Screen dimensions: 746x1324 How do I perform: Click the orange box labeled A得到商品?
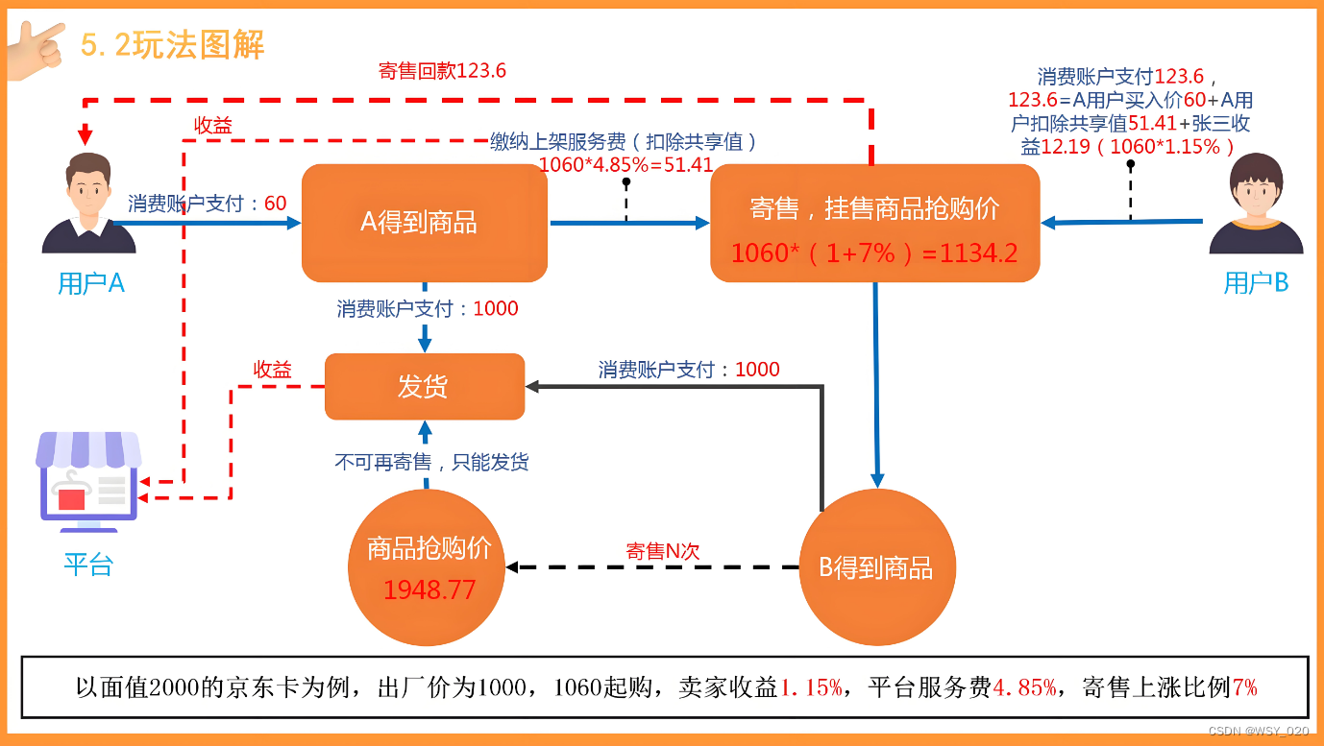(x=424, y=223)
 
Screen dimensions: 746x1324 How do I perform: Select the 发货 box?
(x=424, y=386)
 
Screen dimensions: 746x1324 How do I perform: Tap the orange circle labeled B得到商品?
(x=876, y=567)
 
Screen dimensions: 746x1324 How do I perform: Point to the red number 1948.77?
(x=429, y=590)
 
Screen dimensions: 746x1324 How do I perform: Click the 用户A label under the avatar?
(x=91, y=283)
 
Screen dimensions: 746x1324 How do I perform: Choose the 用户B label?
(x=1256, y=283)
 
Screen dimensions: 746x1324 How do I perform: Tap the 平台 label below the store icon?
(x=88, y=565)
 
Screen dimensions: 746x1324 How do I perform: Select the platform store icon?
(x=88, y=480)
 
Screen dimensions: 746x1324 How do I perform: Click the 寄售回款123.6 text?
(x=442, y=71)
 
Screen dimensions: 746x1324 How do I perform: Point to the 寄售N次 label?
(x=662, y=551)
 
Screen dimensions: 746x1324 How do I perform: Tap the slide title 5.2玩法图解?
(x=173, y=44)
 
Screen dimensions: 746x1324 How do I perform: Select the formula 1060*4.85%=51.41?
(x=625, y=164)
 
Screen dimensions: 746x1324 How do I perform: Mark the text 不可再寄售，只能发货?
(x=431, y=462)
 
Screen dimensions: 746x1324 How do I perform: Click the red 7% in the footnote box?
(x=1244, y=687)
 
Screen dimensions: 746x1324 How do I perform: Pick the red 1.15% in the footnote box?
(x=811, y=687)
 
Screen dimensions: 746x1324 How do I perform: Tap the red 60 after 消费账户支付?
(x=275, y=204)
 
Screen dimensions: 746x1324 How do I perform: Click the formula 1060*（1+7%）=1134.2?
(x=873, y=253)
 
